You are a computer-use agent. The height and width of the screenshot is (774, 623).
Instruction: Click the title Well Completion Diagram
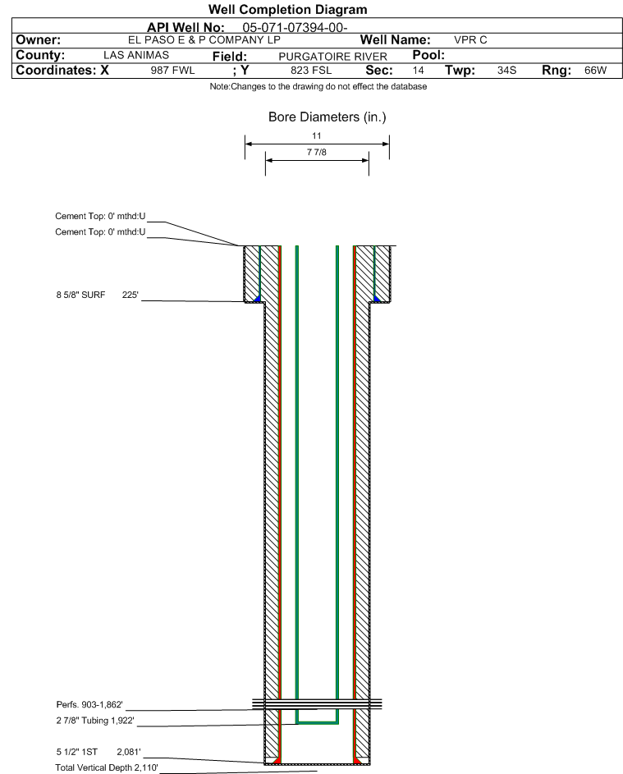tap(288, 9)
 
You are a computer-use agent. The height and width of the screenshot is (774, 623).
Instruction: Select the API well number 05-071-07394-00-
tap(295, 28)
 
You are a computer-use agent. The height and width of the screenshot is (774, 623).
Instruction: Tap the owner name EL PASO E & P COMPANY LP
tap(204, 40)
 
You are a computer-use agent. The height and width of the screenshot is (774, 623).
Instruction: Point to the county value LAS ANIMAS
tap(136, 55)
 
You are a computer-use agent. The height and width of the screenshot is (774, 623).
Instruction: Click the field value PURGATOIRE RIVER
tap(332, 57)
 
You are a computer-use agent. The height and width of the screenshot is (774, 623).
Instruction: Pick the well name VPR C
tap(470, 40)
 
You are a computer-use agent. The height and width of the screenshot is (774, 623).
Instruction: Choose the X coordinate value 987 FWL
tap(172, 71)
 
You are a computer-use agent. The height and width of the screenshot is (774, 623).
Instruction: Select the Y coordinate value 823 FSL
tap(311, 71)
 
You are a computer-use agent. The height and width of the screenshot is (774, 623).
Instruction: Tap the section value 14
tap(418, 71)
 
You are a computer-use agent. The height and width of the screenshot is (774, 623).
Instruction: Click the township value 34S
tap(506, 71)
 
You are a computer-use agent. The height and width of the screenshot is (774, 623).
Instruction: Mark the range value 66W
tap(595, 71)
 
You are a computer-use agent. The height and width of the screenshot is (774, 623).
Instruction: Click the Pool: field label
tap(428, 55)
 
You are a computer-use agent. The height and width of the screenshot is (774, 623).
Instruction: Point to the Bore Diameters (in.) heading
tap(328, 117)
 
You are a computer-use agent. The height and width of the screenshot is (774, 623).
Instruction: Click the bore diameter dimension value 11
tap(317, 135)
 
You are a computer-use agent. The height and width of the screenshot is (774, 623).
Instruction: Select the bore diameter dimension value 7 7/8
tap(317, 152)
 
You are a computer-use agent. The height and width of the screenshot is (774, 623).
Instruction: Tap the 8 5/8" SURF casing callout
tap(80, 295)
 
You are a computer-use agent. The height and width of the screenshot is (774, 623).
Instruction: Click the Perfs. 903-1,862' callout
tap(89, 705)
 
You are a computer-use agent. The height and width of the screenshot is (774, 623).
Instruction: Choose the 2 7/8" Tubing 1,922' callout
tap(94, 721)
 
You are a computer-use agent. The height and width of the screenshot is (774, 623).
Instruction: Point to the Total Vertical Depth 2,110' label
tap(107, 767)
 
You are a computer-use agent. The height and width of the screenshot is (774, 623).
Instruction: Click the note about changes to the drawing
tap(318, 86)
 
